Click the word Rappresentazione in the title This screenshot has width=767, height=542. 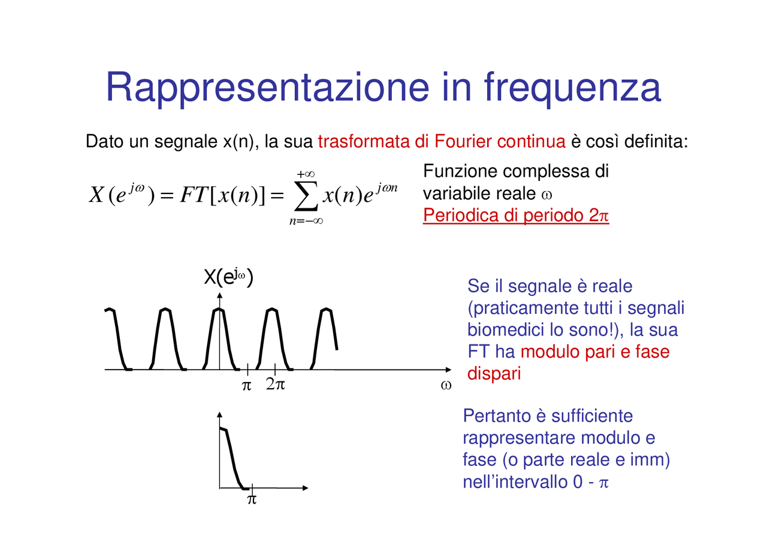pos(267,87)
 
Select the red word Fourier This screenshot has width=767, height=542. pos(464,142)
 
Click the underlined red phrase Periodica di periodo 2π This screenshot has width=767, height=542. pos(515,216)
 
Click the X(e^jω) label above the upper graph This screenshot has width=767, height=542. pos(228,277)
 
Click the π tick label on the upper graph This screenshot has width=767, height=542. pos(246,386)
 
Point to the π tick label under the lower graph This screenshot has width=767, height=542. pos(252,499)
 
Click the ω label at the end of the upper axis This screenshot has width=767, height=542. pos(445,385)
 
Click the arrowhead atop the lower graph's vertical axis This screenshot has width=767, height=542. pos(219,415)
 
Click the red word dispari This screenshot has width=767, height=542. pos(494,373)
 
